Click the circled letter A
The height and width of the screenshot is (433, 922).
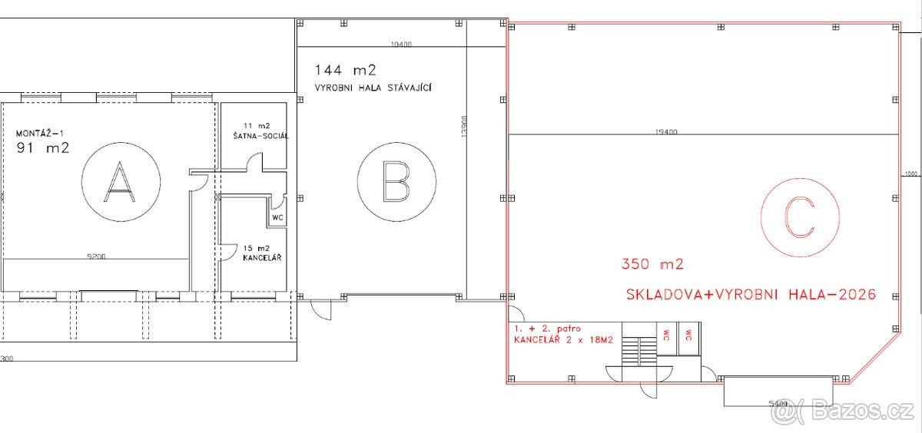point(120,182)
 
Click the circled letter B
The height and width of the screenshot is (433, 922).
point(396,182)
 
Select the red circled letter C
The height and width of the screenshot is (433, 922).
point(800,217)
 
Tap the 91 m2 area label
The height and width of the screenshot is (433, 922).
point(43,147)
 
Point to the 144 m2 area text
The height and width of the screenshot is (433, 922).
point(345,70)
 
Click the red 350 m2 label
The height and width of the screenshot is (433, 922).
point(652,263)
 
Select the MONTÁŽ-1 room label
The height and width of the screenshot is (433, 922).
point(39,134)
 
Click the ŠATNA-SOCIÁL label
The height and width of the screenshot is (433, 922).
point(261,136)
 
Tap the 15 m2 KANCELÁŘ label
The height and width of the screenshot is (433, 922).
point(262,253)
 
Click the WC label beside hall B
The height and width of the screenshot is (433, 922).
point(278,217)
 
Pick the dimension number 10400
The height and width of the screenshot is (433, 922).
point(401,44)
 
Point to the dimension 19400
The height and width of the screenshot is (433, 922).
point(666,131)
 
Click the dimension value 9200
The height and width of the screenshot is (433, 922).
point(96,256)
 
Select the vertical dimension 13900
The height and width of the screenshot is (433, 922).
point(464,127)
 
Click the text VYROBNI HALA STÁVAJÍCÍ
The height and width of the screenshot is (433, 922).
point(373,88)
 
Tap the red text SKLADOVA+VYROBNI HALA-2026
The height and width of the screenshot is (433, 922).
point(751,294)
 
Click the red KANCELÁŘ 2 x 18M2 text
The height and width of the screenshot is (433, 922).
point(563,340)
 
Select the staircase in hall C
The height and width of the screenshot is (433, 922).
point(638,352)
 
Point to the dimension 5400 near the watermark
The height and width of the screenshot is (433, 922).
point(778,404)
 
